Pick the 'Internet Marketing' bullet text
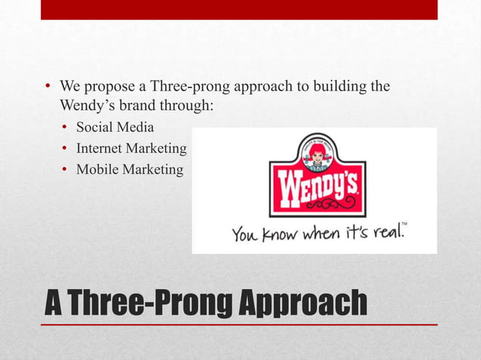131,148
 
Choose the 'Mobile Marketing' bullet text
129,169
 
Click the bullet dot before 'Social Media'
66,127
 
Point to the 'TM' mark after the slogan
404,224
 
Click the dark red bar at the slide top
239,10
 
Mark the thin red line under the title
239,324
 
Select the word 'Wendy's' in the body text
87,106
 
